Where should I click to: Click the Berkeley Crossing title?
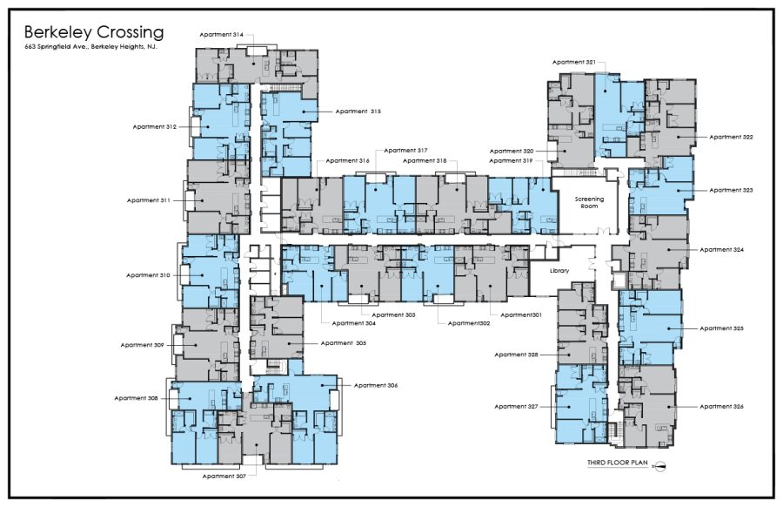94,33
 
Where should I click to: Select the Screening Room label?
589,202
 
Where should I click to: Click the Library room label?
559,271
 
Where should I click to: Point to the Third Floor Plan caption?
617,463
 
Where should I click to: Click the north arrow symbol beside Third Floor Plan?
659,466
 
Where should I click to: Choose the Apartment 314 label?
222,35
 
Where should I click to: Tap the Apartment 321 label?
574,63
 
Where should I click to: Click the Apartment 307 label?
224,477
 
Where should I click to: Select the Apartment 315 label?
358,112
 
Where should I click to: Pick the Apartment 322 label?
731,137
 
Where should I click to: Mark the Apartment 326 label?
721,407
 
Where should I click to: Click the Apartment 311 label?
148,200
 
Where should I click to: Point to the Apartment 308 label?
136,398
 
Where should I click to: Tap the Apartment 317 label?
405,151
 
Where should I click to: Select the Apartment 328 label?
516,355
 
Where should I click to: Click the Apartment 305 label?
344,343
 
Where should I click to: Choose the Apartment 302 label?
469,323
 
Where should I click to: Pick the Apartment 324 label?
721,250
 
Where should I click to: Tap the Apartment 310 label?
148,275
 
